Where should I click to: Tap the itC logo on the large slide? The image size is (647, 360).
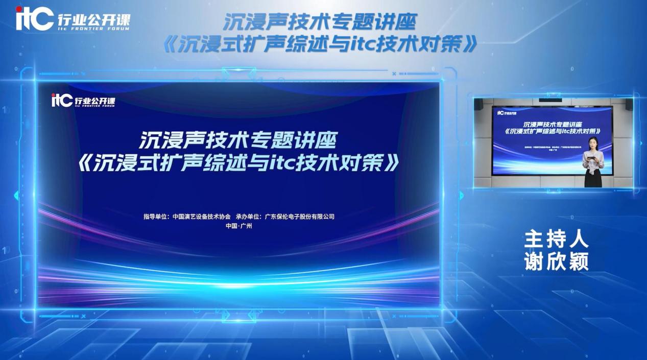click(x=62, y=101)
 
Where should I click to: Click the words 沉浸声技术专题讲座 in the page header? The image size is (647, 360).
click(x=320, y=22)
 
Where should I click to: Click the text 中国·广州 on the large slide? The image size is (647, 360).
click(x=239, y=226)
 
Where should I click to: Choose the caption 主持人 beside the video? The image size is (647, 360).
click(x=556, y=239)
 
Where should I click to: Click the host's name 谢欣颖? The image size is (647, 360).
click(x=556, y=261)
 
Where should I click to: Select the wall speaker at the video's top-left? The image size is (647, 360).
click(x=478, y=104)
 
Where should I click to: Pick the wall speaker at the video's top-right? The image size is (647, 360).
click(x=629, y=104)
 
